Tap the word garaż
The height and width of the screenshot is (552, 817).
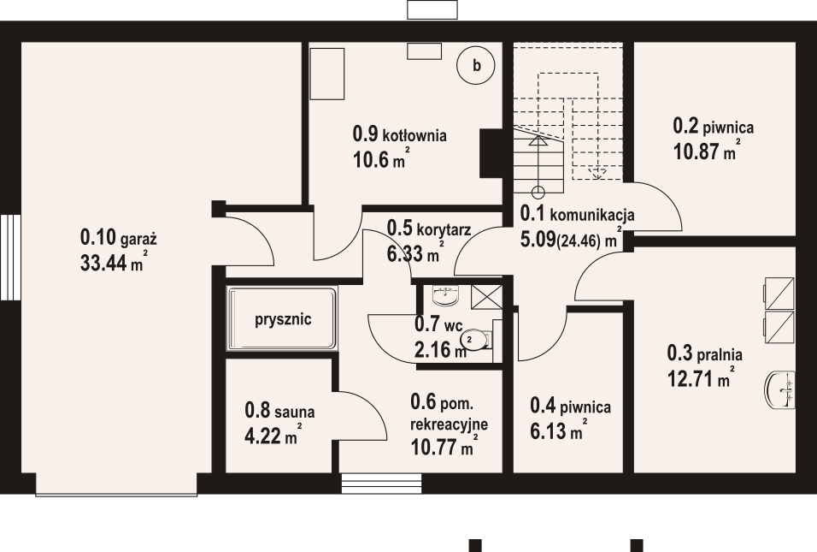point(138,240)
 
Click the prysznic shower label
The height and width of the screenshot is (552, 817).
point(283,318)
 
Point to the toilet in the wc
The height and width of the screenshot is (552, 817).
point(477,339)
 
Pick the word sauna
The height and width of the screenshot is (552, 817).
point(294,412)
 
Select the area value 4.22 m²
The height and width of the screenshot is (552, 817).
point(273,435)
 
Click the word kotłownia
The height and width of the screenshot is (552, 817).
point(414,135)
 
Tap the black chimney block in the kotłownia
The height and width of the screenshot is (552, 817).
point(491,153)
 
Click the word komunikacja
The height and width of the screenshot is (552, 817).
point(592,215)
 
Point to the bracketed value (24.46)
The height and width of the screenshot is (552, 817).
point(579,241)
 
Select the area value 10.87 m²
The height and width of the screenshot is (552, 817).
point(707,151)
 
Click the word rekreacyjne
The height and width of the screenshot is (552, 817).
point(450,424)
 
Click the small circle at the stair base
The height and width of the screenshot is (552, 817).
point(538,192)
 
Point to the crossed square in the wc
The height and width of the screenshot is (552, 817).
point(486,298)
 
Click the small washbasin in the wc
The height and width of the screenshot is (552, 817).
point(445,295)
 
